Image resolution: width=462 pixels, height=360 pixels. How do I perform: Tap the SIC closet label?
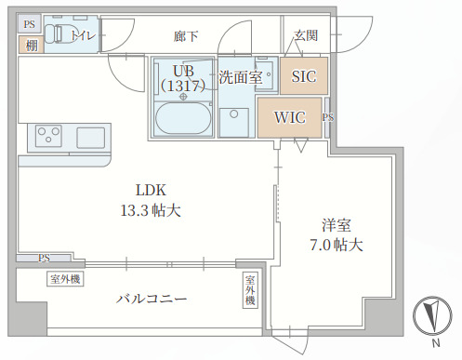click(303, 76)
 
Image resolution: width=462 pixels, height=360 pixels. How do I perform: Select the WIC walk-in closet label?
click(289, 118)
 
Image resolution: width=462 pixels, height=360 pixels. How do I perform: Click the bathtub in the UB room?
click(182, 119)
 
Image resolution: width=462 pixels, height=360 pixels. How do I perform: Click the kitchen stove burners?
click(46, 138)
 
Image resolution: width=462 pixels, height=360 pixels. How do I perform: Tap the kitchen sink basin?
click(90, 138)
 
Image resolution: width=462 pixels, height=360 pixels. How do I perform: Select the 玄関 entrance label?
click(306, 35)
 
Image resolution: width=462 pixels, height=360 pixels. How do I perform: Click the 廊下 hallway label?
click(186, 36)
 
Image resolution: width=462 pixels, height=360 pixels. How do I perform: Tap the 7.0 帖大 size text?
click(335, 247)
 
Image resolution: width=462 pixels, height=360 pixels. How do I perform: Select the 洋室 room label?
click(336, 225)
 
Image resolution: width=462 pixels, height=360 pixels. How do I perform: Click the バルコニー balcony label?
click(152, 300)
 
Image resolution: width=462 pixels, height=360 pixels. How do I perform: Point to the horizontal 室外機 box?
click(65, 278)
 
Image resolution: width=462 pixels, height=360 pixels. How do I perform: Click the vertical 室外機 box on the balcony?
click(249, 290)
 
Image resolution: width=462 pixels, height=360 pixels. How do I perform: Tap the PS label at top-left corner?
click(30, 24)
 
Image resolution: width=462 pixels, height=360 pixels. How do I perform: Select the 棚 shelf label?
click(31, 45)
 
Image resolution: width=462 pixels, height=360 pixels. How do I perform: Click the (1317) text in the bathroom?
click(181, 85)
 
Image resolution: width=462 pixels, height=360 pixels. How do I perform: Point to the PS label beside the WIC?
click(327, 118)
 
